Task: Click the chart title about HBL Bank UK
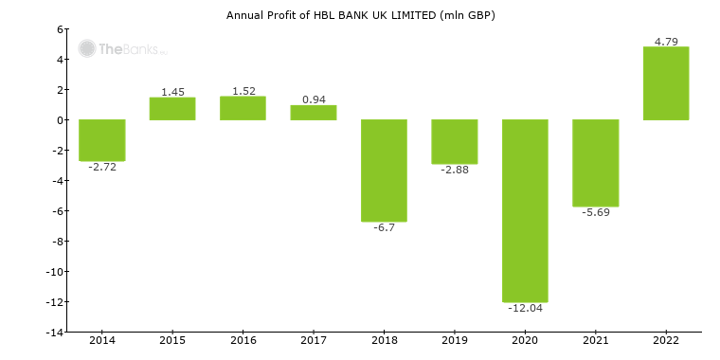tap(360, 15)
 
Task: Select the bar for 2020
tap(525, 210)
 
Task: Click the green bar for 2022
tap(666, 83)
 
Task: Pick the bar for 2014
tap(102, 140)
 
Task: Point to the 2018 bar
tap(384, 171)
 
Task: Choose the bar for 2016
tap(243, 108)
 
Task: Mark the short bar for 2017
tap(314, 113)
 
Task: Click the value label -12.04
tap(525, 309)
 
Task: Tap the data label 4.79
tap(666, 41)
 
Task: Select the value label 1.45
tap(172, 92)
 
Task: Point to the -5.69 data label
tap(595, 212)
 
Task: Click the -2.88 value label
tap(455, 170)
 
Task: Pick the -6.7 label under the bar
tap(384, 227)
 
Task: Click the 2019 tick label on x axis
tap(455, 340)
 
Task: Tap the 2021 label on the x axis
tap(595, 340)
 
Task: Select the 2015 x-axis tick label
tap(172, 340)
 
